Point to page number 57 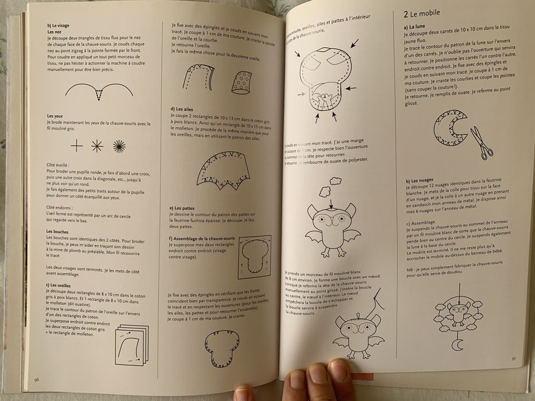pyautogui.click(x=514, y=359)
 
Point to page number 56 pyautogui.click(x=36, y=379)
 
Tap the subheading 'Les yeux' pyautogui.click(x=55, y=116)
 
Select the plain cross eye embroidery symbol pyautogui.click(x=76, y=146)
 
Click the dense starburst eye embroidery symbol pyautogui.click(x=119, y=146)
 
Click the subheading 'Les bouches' pyautogui.click(x=57, y=231)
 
